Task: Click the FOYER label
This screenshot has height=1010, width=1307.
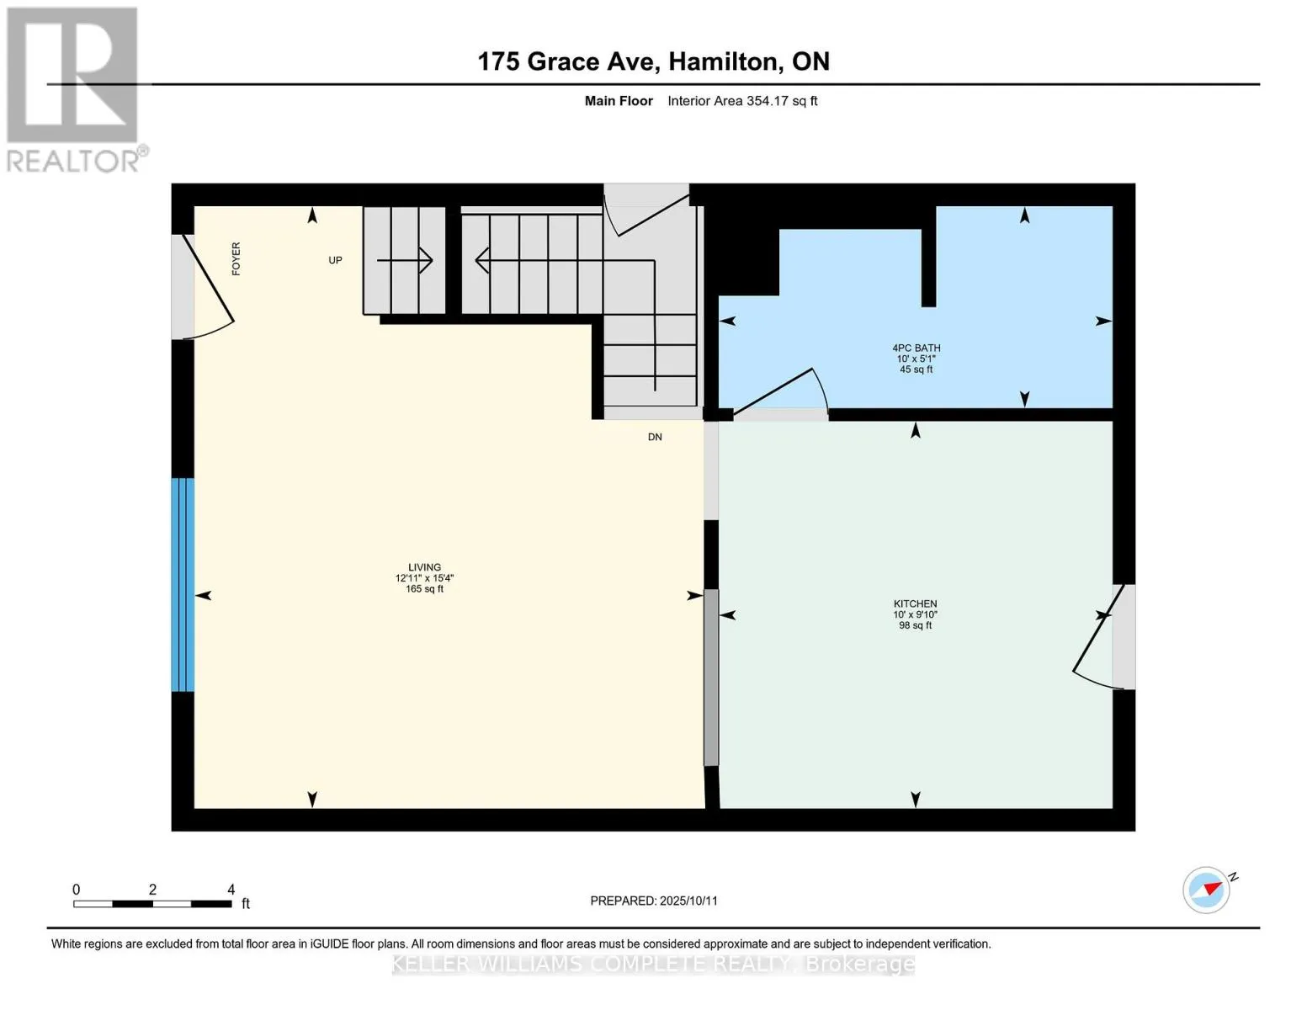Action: [x=236, y=258]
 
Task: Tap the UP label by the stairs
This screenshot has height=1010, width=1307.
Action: [x=335, y=260]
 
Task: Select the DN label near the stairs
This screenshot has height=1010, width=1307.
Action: [x=655, y=437]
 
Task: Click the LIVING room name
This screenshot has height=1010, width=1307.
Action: [x=424, y=566]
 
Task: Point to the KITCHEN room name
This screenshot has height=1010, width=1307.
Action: [x=915, y=603]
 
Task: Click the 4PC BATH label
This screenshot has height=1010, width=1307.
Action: [x=916, y=348]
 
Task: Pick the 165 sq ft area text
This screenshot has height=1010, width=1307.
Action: [x=424, y=588]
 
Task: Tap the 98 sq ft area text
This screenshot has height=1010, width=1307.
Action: [x=915, y=625]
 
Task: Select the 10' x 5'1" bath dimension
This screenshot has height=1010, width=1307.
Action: [x=916, y=359]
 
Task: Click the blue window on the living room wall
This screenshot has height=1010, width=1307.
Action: [x=183, y=585]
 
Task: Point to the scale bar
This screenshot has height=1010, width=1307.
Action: [x=152, y=903]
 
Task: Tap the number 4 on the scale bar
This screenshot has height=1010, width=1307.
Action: [x=231, y=889]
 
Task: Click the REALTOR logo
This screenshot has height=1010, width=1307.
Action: [x=75, y=90]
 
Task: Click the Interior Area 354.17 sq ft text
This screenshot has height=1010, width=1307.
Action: [x=742, y=101]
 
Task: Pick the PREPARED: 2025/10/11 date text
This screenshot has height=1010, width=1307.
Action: [x=654, y=901]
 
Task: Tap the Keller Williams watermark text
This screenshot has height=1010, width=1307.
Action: [x=653, y=965]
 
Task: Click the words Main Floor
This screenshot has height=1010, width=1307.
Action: [x=619, y=101]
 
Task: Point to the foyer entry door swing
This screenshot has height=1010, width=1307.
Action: [x=209, y=286]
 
